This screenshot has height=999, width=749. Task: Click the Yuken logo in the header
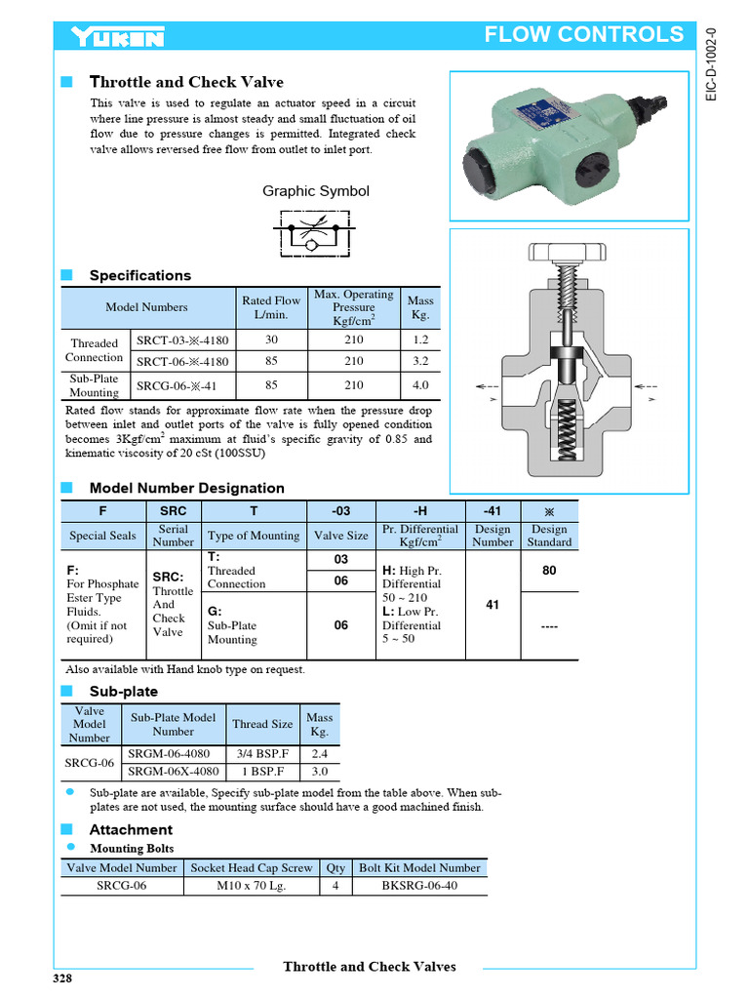[x=117, y=37]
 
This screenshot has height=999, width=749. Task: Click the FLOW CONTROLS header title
[x=584, y=35]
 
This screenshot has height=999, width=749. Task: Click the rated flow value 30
[x=271, y=340]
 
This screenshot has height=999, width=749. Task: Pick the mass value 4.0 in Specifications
[x=420, y=385]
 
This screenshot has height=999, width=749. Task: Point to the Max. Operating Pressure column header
[x=353, y=307]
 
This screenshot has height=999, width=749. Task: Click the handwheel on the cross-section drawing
[x=569, y=253]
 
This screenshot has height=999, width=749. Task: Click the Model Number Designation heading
[x=186, y=488]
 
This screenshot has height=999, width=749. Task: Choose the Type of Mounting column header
[x=254, y=536]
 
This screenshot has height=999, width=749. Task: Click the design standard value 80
[x=549, y=570]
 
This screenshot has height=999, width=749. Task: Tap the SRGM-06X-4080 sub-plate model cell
[x=173, y=771]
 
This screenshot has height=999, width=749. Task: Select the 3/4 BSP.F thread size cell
[x=261, y=753]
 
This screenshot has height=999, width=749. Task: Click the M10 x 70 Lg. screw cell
[x=251, y=886]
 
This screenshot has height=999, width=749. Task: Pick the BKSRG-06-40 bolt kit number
[x=419, y=886]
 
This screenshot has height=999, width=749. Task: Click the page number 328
[x=63, y=979]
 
